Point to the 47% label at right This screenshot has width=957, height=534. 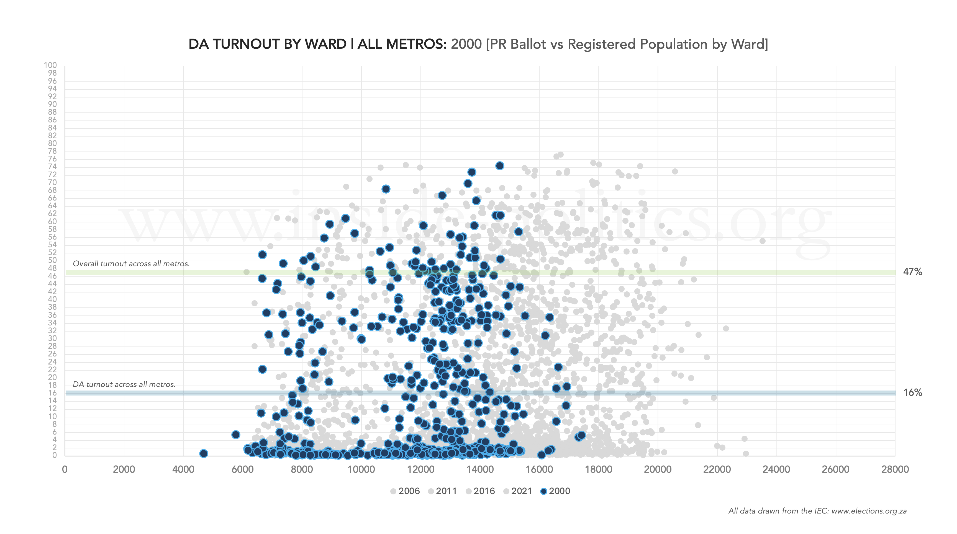912,272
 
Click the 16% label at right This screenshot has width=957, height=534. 912,392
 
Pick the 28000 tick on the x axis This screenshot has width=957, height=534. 895,469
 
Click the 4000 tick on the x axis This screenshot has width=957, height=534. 183,469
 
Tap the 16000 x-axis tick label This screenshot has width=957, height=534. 539,469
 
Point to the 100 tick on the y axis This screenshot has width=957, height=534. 50,65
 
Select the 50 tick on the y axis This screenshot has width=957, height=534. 52,260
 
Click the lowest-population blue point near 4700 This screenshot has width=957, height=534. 204,453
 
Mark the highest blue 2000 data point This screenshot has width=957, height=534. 500,166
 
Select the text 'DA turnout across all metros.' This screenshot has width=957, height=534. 124,384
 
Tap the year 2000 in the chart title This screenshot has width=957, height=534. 466,44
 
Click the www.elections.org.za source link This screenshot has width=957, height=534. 869,511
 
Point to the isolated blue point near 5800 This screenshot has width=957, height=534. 235,434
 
